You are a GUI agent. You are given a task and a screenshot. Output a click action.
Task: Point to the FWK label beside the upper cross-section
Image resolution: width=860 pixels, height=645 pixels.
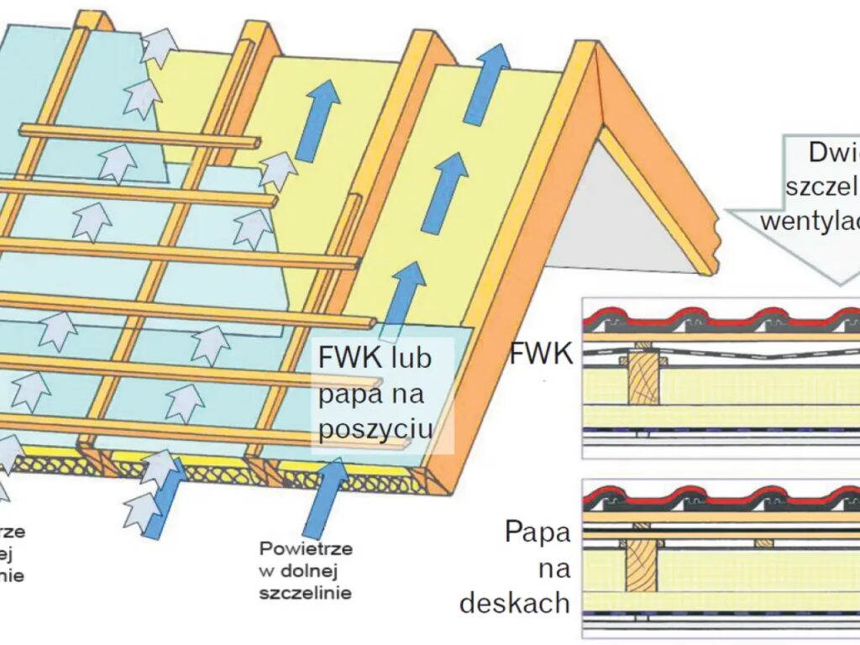541,354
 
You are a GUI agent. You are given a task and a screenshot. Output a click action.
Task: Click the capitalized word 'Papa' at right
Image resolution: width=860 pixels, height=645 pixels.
537,532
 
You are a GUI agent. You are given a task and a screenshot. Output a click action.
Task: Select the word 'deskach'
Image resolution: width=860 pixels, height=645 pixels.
515,603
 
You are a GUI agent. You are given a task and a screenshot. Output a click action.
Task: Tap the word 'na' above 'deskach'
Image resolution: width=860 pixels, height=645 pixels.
554,568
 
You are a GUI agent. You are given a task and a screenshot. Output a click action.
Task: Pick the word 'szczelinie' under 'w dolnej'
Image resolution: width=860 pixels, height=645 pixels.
305,593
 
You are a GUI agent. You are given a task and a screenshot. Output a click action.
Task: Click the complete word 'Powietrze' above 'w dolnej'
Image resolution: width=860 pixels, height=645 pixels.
306,549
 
